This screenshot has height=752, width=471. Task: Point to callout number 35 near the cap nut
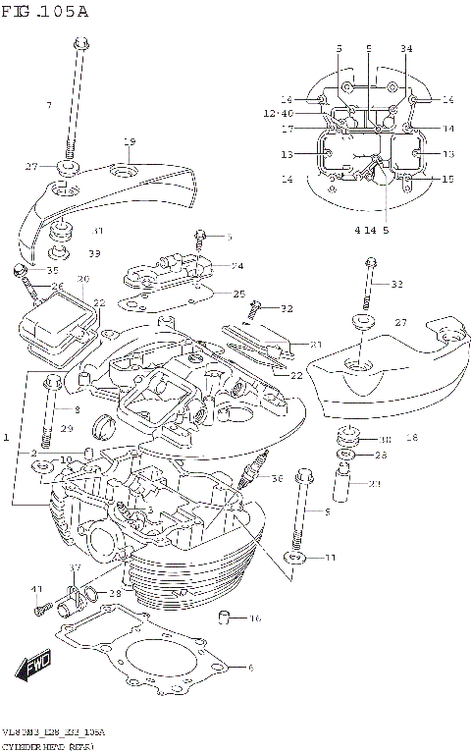[x=53, y=270]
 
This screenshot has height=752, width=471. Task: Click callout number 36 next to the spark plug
[x=277, y=478]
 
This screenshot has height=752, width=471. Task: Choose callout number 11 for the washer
[x=331, y=558]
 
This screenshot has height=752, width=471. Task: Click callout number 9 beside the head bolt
[x=327, y=511]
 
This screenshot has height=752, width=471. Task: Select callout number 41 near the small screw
[x=36, y=589]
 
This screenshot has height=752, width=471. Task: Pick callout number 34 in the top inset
[x=406, y=48]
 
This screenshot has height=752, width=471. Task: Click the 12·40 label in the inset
[x=278, y=114]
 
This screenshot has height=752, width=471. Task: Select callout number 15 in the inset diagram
[x=447, y=179]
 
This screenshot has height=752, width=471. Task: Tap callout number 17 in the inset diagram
[x=288, y=129]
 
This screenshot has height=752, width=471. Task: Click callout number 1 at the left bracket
[x=7, y=435]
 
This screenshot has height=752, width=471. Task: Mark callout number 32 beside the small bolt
[x=287, y=308]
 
